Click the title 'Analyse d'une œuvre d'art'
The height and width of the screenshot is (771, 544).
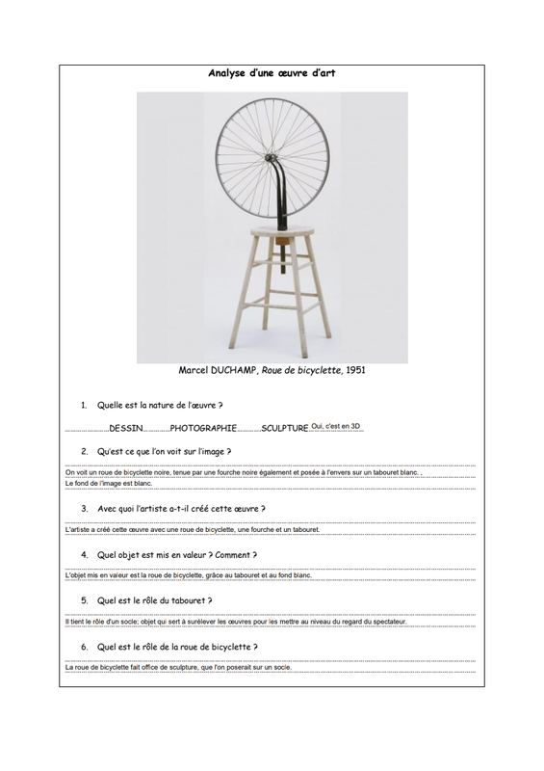(272, 73)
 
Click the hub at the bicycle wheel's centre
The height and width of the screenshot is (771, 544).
(271, 157)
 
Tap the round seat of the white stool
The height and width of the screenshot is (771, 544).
(282, 230)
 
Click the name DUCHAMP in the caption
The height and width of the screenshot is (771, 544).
(232, 370)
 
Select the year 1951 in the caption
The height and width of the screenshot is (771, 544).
(355, 370)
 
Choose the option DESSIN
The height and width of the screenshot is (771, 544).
(126, 428)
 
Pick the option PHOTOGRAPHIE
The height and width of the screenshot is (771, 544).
(203, 428)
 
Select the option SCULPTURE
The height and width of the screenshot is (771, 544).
(285, 428)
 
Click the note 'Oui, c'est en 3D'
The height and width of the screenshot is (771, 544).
(336, 426)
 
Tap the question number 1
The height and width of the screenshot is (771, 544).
(84, 406)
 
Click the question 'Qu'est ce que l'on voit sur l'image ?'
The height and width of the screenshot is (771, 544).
(164, 451)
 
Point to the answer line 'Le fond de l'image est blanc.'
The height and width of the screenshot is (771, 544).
(109, 484)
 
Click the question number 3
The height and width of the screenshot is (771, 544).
(85, 509)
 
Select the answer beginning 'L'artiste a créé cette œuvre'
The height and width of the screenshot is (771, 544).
(193, 529)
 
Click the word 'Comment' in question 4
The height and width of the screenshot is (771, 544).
(232, 555)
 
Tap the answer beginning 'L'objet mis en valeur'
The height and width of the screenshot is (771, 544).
(188, 575)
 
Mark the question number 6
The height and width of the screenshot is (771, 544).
(85, 647)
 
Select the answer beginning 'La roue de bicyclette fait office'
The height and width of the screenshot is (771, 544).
(178, 668)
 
